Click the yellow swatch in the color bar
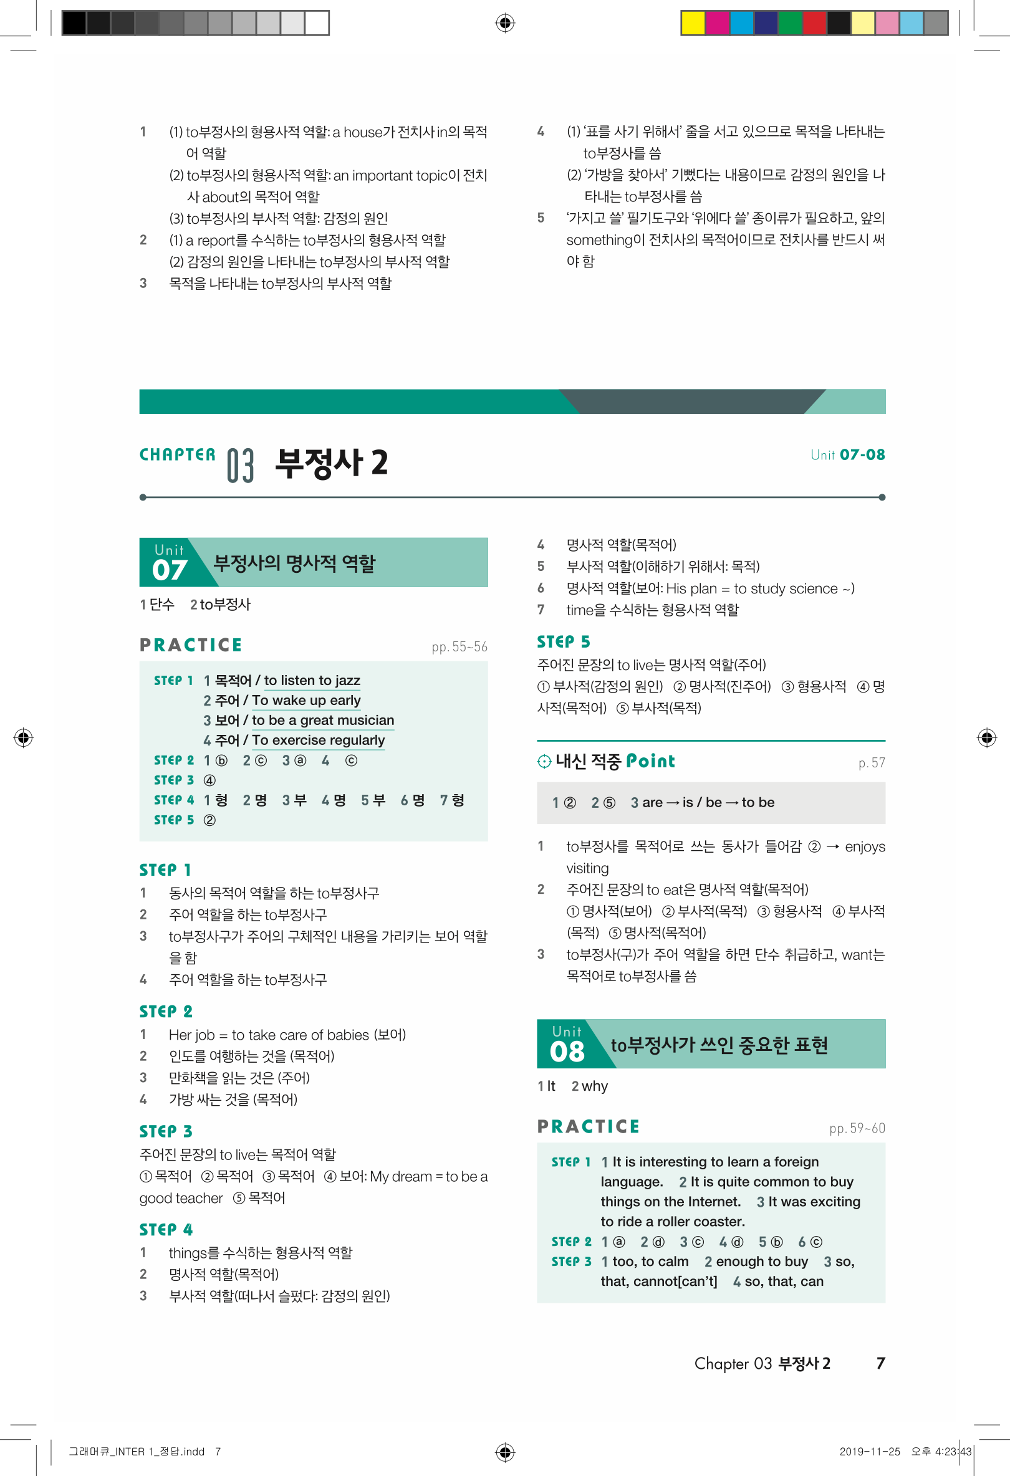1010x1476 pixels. [x=693, y=23]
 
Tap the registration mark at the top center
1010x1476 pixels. [x=505, y=24]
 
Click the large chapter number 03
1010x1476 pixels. [x=240, y=466]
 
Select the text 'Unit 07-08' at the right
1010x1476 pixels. [x=847, y=455]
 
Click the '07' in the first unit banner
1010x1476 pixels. [x=170, y=570]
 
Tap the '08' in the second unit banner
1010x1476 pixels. [x=567, y=1051]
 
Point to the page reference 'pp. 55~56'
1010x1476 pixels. [x=459, y=646]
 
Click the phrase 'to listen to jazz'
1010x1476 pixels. [x=312, y=680]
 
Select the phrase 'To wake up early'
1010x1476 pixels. [x=306, y=700]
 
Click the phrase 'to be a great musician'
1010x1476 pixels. [x=323, y=720]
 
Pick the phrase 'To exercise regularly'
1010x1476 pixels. [x=318, y=740]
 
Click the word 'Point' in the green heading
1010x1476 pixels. [x=650, y=761]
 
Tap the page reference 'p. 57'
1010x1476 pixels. [x=872, y=763]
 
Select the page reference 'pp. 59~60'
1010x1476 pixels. [x=857, y=1128]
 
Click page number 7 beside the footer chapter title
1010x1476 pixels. [x=880, y=1363]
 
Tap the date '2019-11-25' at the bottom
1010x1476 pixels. [x=870, y=1451]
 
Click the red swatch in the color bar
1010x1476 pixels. [x=814, y=23]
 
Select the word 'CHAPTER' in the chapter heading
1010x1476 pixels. [x=178, y=455]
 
